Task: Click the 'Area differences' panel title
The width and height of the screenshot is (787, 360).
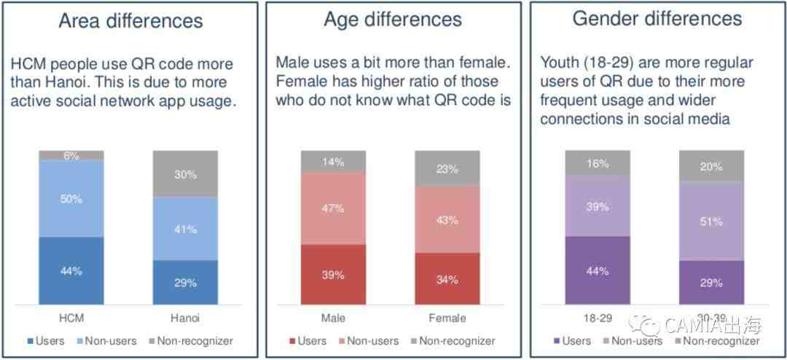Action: tap(131, 20)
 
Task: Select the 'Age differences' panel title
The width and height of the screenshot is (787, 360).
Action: tap(392, 20)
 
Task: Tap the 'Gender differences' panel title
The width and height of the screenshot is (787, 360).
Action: tap(657, 19)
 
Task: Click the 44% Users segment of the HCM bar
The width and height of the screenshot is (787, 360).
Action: tap(71, 270)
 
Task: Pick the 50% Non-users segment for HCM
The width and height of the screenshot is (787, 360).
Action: tap(71, 199)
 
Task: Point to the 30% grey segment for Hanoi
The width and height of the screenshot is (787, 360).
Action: tap(185, 174)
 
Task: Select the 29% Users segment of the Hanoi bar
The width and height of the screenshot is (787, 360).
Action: tap(185, 282)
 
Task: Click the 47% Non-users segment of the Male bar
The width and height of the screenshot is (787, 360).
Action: tap(333, 208)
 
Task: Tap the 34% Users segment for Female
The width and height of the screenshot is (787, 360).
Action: tap(447, 278)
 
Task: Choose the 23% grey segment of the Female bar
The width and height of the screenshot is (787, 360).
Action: tap(447, 168)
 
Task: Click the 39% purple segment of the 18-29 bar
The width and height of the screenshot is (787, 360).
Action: tap(598, 206)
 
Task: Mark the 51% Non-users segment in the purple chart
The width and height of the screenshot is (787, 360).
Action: tap(711, 221)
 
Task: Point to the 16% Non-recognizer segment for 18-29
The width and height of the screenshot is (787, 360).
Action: tap(598, 163)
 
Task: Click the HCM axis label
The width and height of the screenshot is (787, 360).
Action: tap(71, 318)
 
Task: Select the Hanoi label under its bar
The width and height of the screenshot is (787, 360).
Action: tap(185, 318)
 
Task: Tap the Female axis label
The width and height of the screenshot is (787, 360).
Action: tap(447, 318)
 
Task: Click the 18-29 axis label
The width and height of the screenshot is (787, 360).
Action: tap(598, 318)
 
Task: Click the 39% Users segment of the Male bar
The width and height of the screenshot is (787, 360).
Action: tap(333, 274)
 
